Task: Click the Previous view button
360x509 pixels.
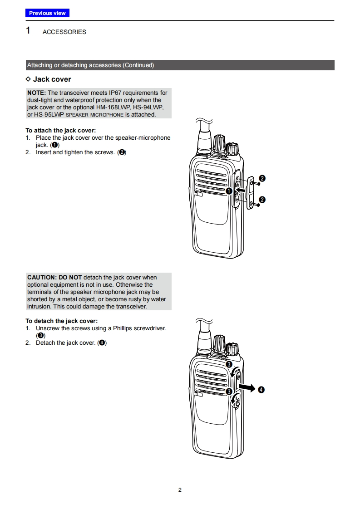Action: (x=47, y=13)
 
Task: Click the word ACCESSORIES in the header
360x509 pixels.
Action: (x=64, y=32)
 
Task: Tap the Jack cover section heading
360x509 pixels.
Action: (x=52, y=79)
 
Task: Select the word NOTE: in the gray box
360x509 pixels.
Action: (x=36, y=93)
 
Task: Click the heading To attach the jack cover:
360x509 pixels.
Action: (x=60, y=131)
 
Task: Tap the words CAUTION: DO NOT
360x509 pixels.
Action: (x=54, y=277)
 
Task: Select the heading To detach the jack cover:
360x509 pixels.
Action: (x=61, y=321)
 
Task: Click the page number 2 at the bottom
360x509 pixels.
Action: (x=180, y=490)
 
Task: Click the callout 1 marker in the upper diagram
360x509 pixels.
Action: (x=229, y=191)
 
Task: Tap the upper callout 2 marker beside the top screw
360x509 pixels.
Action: (x=262, y=178)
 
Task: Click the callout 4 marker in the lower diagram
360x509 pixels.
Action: (x=261, y=390)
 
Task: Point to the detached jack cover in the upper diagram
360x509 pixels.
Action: (x=251, y=192)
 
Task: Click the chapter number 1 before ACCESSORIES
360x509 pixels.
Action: (x=28, y=31)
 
